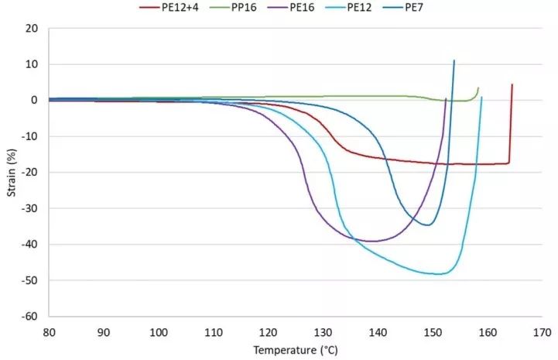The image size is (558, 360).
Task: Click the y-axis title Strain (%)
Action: (11, 172)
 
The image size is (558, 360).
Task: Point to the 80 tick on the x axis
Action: (49, 331)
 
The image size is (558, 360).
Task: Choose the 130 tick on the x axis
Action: (323, 331)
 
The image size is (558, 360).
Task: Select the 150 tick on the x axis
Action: (432, 331)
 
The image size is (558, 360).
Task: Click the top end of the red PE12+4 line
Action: (512, 84)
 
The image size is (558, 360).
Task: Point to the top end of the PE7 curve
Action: (454, 60)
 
